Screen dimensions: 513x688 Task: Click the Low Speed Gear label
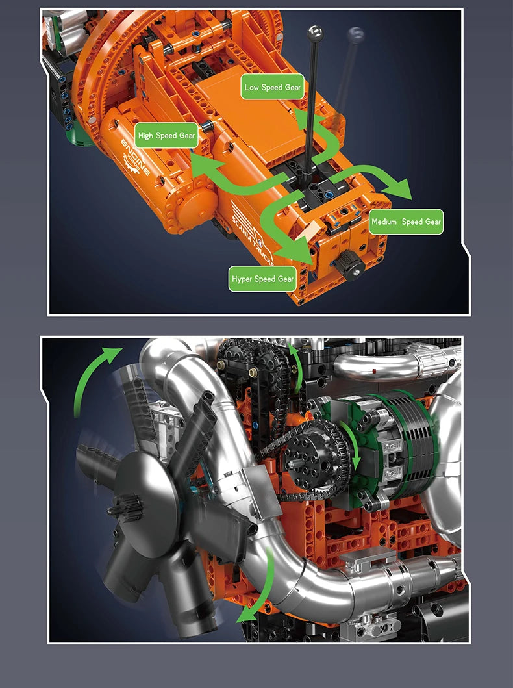(x=272, y=87)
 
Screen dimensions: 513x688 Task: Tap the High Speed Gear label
(x=166, y=136)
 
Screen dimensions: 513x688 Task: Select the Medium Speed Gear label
(x=406, y=222)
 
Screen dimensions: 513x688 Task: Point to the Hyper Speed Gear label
(x=262, y=279)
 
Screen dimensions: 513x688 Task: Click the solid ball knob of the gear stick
(x=315, y=33)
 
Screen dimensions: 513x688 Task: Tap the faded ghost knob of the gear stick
(x=355, y=34)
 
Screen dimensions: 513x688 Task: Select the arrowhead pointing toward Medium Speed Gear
(x=398, y=189)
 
